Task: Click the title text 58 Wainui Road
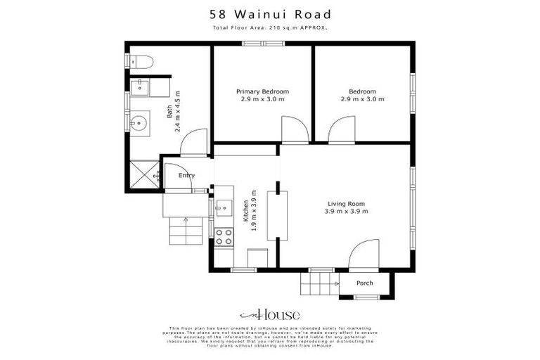tap(270, 14)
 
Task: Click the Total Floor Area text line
tap(270, 28)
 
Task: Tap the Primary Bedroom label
tap(262, 91)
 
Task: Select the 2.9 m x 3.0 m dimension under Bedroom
tap(362, 99)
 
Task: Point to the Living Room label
tap(346, 204)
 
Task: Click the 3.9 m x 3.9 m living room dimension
tap(346, 212)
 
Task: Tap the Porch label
tap(365, 283)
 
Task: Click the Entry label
tap(186, 176)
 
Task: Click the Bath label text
tap(169, 111)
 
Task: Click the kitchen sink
tap(224, 208)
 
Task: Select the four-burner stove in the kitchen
tap(224, 237)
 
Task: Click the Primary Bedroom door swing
tap(292, 130)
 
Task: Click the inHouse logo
tap(270, 314)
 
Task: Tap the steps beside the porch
tap(320, 283)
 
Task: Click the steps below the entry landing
tap(187, 231)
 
